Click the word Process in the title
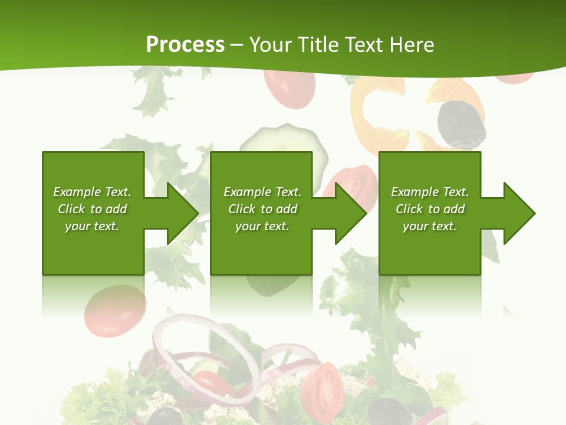point(185,45)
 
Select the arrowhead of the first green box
point(179,213)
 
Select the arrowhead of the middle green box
point(348,213)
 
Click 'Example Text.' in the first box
point(92,192)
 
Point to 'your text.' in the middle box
point(262,226)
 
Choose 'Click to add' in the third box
point(430,209)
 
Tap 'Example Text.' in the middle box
point(262,192)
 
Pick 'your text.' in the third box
point(430,226)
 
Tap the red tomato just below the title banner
point(289,89)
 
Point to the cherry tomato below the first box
point(114,310)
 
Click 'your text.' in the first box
point(92,226)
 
